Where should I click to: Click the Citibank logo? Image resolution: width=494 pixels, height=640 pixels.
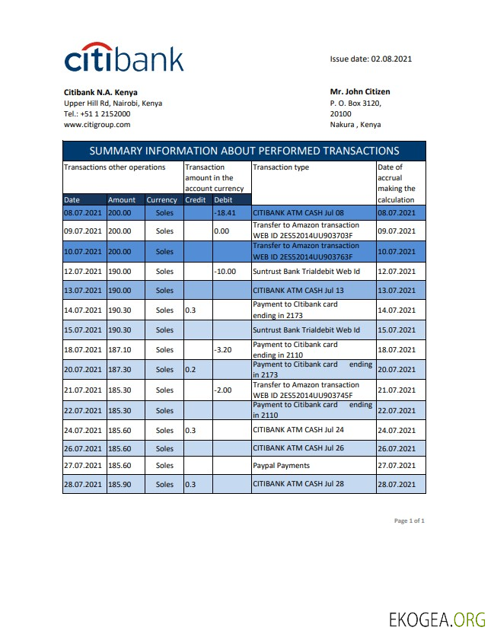123,58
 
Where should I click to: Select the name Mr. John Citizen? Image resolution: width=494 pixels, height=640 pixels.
359,92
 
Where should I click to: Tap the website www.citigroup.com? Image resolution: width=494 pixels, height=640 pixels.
97,124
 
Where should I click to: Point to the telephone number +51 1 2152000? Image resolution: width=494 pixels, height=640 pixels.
105,113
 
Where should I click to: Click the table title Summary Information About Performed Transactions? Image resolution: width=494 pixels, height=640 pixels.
244,151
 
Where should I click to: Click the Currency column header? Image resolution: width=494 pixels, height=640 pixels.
161,200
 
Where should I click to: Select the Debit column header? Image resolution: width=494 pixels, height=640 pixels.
223,200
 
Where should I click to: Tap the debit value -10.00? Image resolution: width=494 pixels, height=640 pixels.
226,271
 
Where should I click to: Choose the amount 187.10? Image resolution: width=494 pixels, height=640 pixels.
120,350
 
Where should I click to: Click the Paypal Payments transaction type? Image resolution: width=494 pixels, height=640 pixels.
281,465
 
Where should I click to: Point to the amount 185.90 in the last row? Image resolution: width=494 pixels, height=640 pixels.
120,484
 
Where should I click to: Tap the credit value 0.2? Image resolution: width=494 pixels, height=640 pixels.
190,370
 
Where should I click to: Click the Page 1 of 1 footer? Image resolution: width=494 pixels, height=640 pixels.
409,521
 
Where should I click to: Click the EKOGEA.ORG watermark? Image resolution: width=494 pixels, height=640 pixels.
436,619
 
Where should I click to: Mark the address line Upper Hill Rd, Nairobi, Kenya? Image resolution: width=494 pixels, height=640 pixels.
113,103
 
